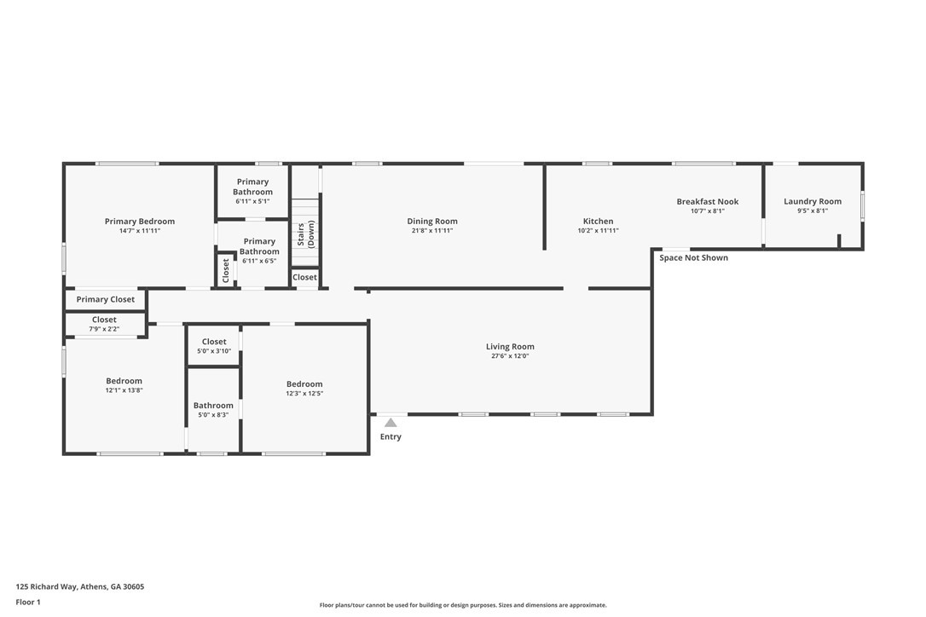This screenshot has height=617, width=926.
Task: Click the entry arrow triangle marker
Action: tap(391, 423)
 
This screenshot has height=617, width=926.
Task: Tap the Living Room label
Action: tap(510, 347)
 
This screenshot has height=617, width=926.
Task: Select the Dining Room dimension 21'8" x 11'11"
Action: tap(432, 231)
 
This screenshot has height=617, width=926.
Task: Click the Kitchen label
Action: tap(599, 222)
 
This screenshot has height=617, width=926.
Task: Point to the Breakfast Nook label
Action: tap(708, 201)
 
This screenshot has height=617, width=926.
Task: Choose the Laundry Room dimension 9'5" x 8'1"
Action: tap(813, 210)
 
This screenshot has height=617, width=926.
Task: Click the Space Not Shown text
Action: tap(694, 257)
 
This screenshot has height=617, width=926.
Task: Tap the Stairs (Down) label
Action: tap(306, 234)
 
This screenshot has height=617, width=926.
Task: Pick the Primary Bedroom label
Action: tap(140, 222)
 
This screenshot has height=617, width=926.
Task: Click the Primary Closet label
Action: tap(105, 299)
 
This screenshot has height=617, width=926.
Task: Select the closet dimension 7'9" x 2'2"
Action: tap(105, 329)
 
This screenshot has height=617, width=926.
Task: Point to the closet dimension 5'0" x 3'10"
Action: tap(214, 351)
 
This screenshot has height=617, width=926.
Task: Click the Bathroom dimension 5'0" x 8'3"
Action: tap(213, 415)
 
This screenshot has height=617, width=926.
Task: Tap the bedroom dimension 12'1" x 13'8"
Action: tap(124, 390)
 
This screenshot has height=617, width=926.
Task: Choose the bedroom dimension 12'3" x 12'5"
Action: tap(304, 393)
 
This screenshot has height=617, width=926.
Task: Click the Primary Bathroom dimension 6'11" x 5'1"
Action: tap(252, 201)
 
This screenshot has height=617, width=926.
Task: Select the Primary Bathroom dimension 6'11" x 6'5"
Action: tap(259, 261)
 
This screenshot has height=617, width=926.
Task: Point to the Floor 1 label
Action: tap(28, 603)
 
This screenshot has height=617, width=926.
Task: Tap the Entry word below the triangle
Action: tap(391, 437)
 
